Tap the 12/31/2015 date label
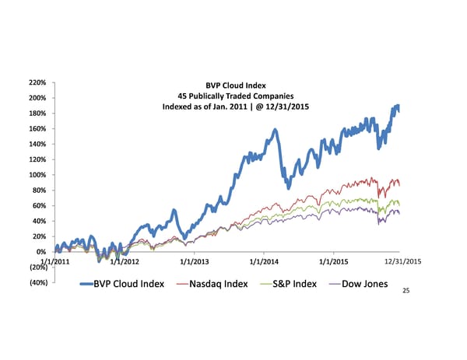[x=403, y=261]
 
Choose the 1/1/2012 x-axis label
[x=126, y=261]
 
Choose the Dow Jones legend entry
[x=358, y=283]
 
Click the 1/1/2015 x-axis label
[x=334, y=261]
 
